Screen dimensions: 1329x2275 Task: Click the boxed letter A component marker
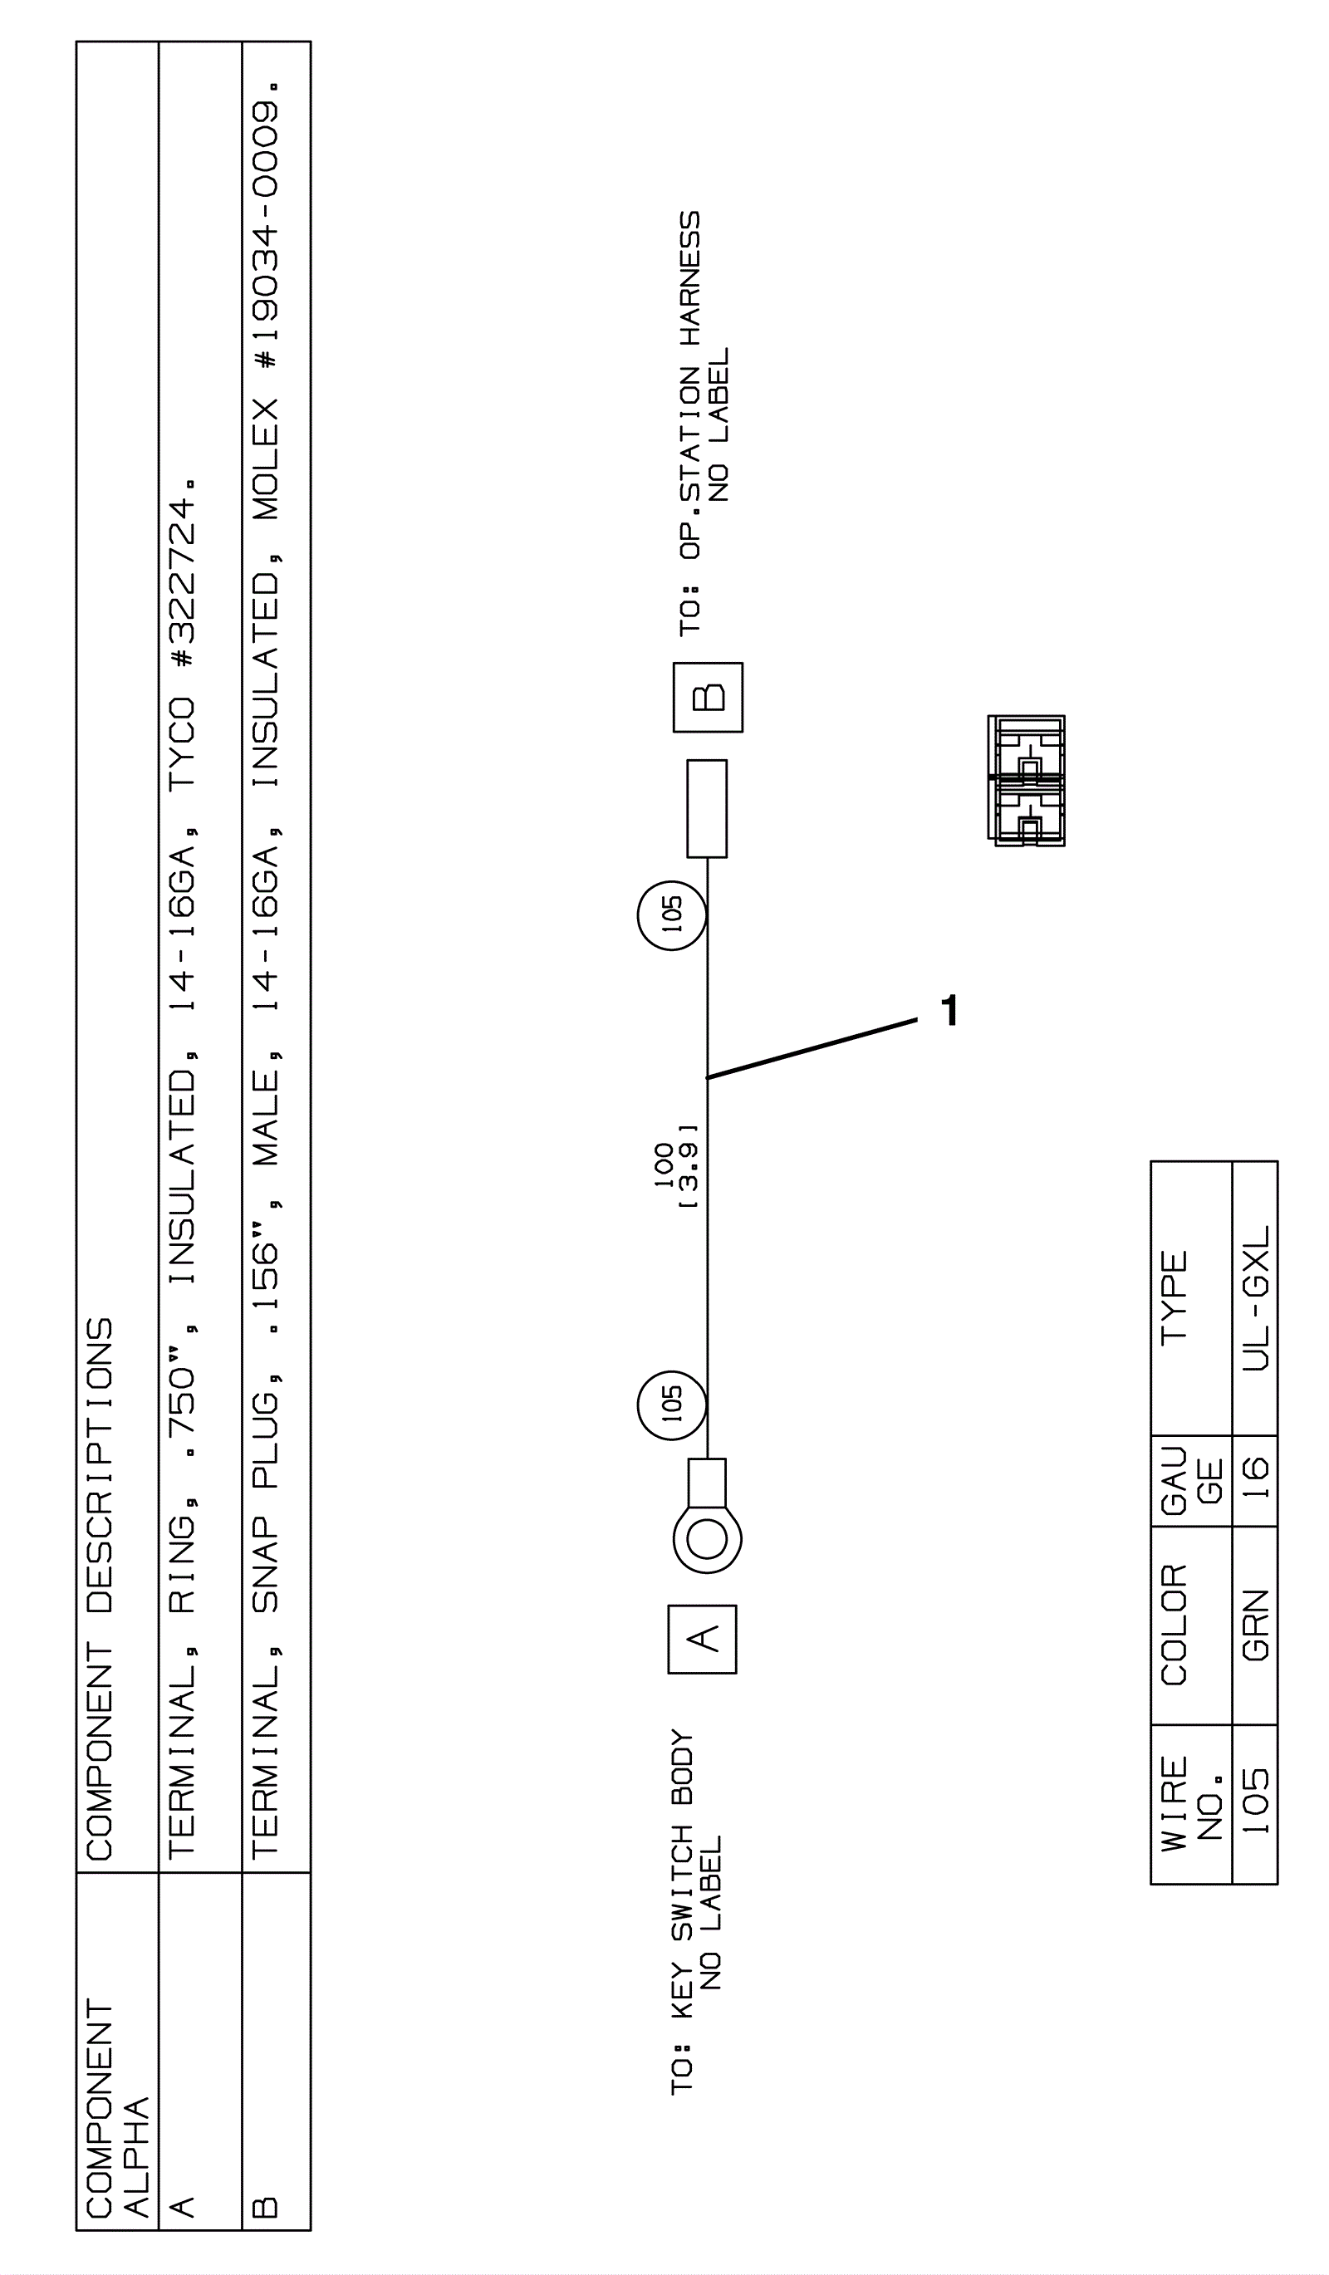(x=703, y=1639)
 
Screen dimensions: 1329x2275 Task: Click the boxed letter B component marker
(x=708, y=698)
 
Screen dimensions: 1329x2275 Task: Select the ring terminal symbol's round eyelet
(x=707, y=1538)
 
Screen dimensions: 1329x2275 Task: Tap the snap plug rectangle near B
(x=707, y=809)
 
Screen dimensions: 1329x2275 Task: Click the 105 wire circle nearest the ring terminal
(x=672, y=1405)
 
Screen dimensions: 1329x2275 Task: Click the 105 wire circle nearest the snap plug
(x=672, y=915)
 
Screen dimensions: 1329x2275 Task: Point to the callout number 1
(x=949, y=1010)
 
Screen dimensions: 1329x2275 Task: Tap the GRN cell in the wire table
(x=1256, y=1625)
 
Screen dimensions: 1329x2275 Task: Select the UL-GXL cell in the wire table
(x=1256, y=1298)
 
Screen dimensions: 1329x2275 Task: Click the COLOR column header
(x=1175, y=1625)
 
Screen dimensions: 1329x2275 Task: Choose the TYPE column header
(x=1175, y=1298)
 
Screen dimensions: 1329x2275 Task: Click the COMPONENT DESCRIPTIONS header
(x=101, y=1589)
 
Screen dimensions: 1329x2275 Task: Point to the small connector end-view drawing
(x=1027, y=781)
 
